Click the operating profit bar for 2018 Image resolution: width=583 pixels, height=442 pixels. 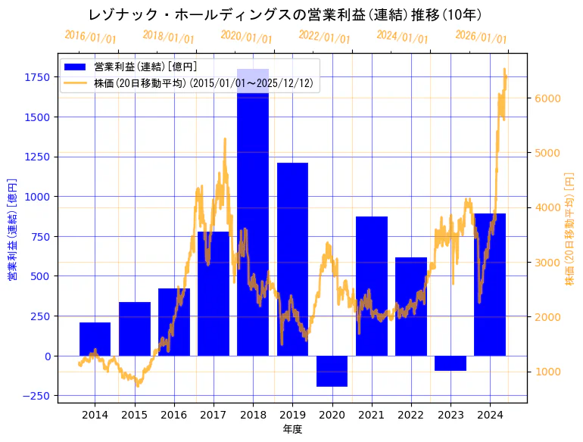tap(253, 212)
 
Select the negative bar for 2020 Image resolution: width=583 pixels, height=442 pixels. tap(332, 371)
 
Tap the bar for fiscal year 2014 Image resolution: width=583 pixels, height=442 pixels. tap(95, 339)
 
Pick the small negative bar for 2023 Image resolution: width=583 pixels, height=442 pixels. tap(450, 363)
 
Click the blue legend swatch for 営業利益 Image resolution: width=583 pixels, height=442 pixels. tap(76, 67)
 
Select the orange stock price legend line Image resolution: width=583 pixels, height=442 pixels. tap(76, 83)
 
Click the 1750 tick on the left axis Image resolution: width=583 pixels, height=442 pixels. tap(39, 77)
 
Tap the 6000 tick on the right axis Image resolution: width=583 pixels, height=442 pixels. tap(547, 98)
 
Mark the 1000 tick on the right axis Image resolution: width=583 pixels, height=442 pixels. tap(547, 372)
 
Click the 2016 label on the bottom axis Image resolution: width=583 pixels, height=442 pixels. tap(174, 415)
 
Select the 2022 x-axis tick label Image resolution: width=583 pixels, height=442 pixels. tap(411, 415)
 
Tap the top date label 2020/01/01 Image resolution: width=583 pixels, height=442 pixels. tap(246, 36)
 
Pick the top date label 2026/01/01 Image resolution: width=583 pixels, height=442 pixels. tap(481, 36)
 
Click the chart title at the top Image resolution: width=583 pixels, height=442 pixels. tap(285, 14)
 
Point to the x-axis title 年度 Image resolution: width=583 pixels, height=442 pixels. tap(292, 430)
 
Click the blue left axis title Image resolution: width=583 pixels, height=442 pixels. tap(11, 230)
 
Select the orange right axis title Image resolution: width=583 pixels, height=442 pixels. tap(569, 230)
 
